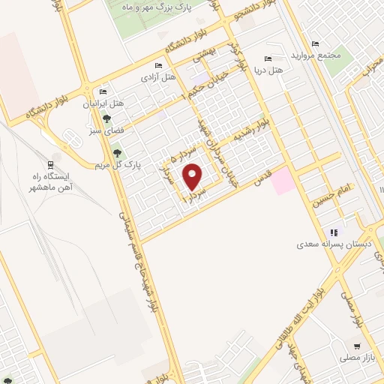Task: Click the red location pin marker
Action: tap(193, 178)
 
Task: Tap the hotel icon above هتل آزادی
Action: tap(159, 66)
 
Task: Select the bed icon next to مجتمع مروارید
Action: tap(314, 44)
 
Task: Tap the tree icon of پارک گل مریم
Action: tap(116, 152)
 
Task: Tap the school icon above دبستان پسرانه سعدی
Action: tap(335, 232)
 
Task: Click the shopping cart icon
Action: tap(356, 348)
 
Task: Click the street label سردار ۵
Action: tap(172, 154)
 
